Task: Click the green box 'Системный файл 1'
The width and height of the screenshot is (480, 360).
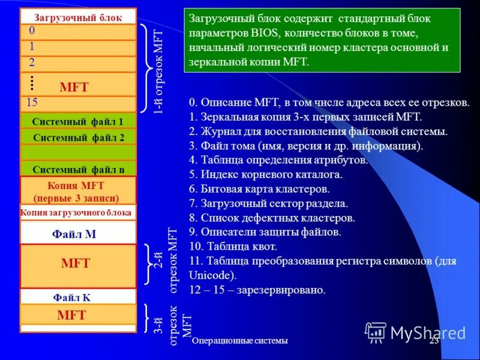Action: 78,121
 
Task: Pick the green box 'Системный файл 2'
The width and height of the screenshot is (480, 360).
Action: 78,137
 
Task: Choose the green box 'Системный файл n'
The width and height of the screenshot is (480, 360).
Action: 78,169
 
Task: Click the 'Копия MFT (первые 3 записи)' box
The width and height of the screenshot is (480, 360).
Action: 78,191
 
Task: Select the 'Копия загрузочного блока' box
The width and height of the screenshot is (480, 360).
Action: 78,212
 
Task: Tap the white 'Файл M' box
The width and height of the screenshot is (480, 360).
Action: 78,233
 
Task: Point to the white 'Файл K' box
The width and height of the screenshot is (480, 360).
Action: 78,296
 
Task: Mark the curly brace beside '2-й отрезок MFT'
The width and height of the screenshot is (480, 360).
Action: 148,264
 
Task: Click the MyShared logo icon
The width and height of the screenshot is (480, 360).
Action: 376,331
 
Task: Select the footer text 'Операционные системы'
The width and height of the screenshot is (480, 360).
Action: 240,341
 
